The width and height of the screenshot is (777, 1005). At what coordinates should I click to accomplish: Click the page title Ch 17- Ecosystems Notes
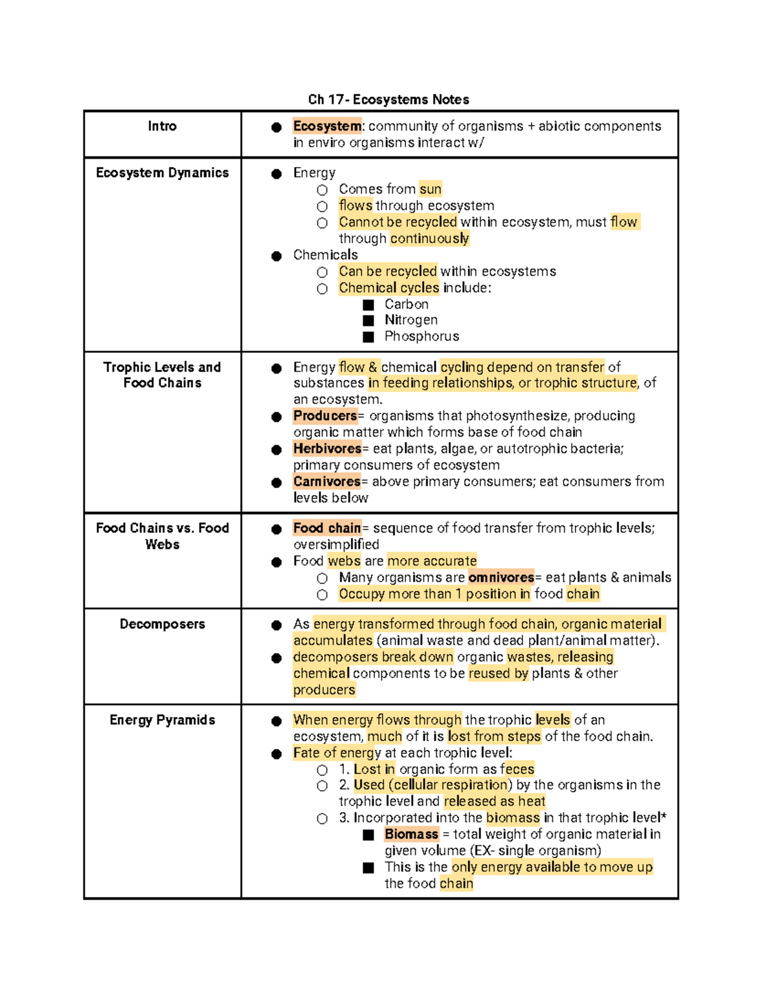pos(388,100)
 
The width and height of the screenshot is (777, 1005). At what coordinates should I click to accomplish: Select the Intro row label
pos(162,126)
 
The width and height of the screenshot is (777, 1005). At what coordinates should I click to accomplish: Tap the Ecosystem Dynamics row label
pos(162,173)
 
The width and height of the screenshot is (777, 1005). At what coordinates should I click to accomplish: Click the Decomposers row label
pos(162,624)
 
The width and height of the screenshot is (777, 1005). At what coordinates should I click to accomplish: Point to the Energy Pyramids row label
pos(162,720)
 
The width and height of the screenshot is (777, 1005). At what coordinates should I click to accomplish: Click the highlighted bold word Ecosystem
pos(327,126)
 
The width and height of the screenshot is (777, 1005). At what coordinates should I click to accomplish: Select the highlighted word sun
pos(430,189)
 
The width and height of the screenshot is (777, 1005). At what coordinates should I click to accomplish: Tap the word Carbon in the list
pos(406,304)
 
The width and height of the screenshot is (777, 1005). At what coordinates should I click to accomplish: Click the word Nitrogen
pos(411,320)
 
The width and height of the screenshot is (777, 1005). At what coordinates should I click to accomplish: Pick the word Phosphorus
pos(422,337)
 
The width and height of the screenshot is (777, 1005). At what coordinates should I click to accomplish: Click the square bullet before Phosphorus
pos(368,337)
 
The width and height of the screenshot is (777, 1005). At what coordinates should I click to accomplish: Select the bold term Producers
pos(324,415)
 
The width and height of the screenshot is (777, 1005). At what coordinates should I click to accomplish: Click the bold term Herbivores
pos(327,448)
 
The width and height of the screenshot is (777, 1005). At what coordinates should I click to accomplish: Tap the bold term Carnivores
pos(326,481)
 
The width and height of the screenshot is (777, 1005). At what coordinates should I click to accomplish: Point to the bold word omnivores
pos(501,577)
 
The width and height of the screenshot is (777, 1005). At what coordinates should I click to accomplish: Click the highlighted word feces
pos(517,769)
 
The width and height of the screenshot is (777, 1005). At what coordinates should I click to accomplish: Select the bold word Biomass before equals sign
pos(411,834)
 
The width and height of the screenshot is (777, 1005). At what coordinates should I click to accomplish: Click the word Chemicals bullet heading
pos(325,255)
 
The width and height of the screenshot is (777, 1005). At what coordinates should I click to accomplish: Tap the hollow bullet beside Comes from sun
pos(322,190)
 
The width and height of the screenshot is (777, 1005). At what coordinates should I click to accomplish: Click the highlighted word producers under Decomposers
pos(324,690)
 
